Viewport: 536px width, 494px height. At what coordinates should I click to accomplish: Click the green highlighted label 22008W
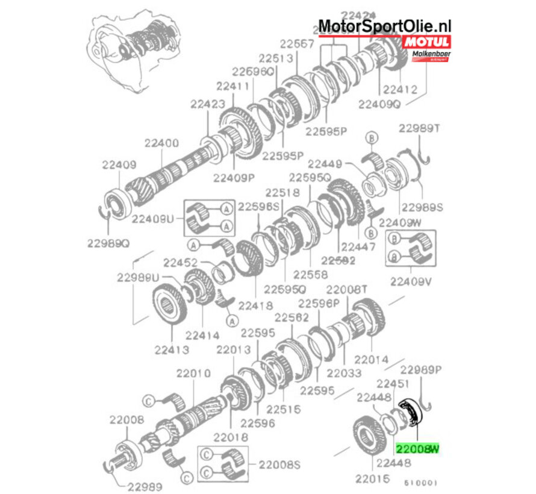tap(417, 448)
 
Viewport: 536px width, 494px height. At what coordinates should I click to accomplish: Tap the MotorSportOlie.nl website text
tap(384, 26)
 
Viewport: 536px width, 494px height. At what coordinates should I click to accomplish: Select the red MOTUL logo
tap(427, 42)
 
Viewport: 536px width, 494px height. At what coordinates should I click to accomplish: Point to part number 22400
tap(161, 143)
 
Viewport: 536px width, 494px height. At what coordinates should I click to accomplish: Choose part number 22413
tap(171, 349)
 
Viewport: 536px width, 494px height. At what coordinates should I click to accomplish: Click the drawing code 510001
tap(422, 483)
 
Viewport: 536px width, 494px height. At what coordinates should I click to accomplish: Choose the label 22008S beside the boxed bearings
tap(279, 464)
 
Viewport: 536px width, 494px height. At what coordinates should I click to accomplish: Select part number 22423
tap(208, 104)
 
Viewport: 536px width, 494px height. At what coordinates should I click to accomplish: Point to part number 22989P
tap(422, 369)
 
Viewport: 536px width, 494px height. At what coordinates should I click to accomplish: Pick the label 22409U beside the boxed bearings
tap(153, 219)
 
